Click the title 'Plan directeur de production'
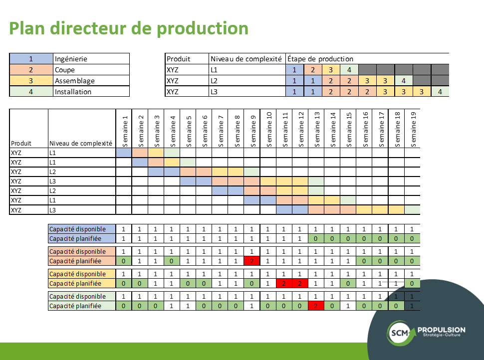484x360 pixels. [129, 28]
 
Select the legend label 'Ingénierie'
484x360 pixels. [71, 59]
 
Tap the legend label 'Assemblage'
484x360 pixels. [74, 81]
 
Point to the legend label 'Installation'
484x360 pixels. [73, 92]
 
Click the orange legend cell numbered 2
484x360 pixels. [31, 70]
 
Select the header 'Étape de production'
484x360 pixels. [320, 59]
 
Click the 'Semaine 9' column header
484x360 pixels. [253, 129]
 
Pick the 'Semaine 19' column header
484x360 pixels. [413, 129]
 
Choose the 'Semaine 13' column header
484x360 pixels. [317, 129]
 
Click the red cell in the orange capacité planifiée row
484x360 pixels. [252, 261]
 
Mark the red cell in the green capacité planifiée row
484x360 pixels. [316, 306]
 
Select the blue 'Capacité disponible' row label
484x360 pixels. [77, 229]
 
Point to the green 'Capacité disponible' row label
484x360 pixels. [77, 297]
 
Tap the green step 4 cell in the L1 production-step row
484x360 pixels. [349, 70]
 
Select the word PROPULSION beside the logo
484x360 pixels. [441, 330]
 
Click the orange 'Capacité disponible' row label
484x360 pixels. [77, 251]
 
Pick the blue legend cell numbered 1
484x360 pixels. [31, 59]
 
